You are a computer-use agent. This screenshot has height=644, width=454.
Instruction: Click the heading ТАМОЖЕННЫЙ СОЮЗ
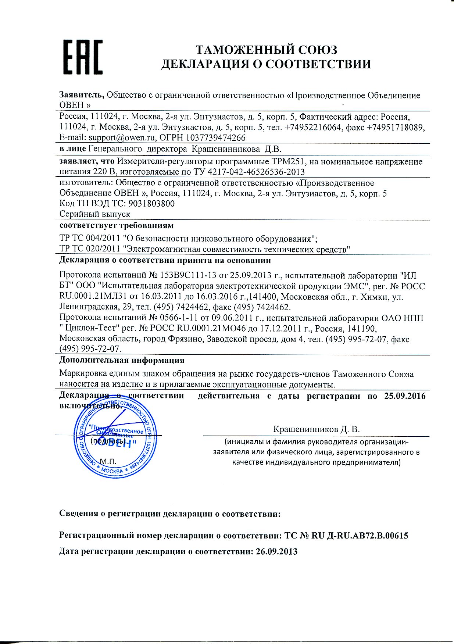pyautogui.click(x=266, y=50)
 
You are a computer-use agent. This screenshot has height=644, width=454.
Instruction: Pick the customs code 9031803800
pyautogui.click(x=153, y=204)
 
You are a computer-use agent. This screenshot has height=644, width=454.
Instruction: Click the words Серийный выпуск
pyautogui.click(x=95, y=214)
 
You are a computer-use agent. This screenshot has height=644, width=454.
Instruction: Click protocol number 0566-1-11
pyautogui.click(x=179, y=318)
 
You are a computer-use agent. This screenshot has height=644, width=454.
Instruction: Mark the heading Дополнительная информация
pyautogui.click(x=122, y=360)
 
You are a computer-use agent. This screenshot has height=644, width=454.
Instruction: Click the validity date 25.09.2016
pyautogui.click(x=405, y=396)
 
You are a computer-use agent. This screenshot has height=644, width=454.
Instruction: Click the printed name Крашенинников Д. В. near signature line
pyautogui.click(x=316, y=429)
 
